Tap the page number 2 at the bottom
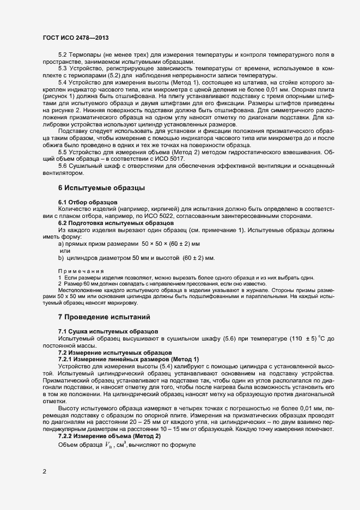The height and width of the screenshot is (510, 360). [x=44, y=472]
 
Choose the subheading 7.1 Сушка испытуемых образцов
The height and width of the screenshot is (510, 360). [x=108, y=331]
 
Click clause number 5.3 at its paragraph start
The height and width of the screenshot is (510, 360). [x=62, y=68]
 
